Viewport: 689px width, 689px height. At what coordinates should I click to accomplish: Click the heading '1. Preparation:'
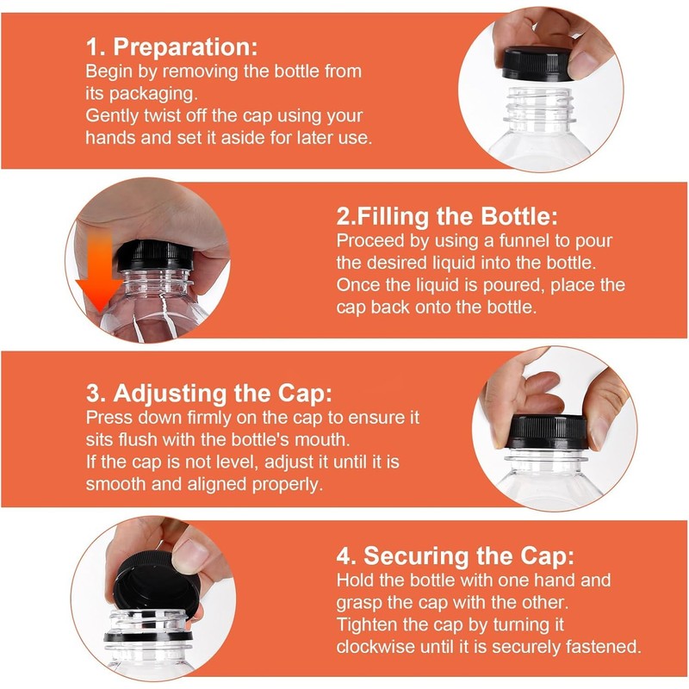(x=171, y=47)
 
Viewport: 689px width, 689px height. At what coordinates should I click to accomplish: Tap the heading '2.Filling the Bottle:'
(x=447, y=216)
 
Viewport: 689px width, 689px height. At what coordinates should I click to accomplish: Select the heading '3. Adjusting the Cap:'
(x=209, y=393)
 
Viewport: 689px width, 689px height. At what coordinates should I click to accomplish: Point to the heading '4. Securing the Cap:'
(x=456, y=556)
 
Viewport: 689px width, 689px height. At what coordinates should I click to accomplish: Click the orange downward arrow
(x=99, y=271)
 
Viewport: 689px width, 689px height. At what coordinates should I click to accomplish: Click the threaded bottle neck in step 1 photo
(x=539, y=104)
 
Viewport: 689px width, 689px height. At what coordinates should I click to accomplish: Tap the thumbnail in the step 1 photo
(x=586, y=65)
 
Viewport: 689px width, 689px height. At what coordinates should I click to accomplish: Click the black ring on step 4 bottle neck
(x=148, y=636)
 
